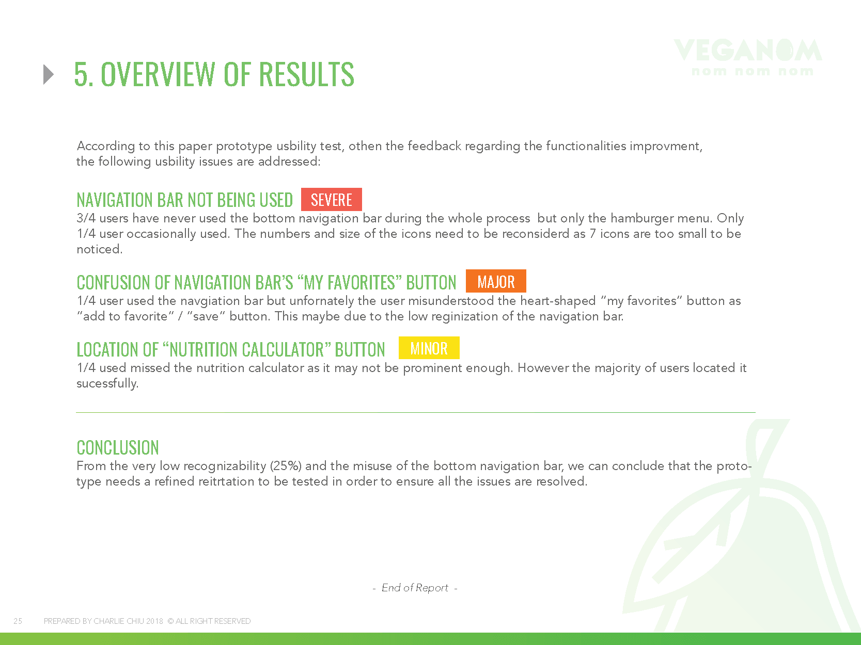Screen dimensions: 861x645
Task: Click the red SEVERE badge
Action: (x=332, y=200)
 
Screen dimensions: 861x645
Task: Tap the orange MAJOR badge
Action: (x=496, y=281)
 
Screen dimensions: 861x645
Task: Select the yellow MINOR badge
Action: (x=429, y=348)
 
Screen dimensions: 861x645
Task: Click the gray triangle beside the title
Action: (x=48, y=74)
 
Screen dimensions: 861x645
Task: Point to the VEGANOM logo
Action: (x=748, y=57)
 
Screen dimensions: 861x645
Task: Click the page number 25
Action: (x=18, y=621)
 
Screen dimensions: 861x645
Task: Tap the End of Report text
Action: (x=415, y=588)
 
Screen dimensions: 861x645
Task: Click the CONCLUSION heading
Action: (x=118, y=448)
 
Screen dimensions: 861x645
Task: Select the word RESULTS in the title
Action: (x=306, y=74)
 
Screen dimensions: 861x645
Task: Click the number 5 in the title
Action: (x=81, y=74)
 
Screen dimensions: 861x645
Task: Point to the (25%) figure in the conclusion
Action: (x=286, y=466)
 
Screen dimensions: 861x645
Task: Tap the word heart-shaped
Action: (x=558, y=301)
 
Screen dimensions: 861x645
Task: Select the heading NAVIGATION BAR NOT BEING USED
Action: (x=185, y=200)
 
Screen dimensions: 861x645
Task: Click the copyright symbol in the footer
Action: (x=170, y=621)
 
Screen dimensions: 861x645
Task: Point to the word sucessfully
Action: (x=107, y=383)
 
